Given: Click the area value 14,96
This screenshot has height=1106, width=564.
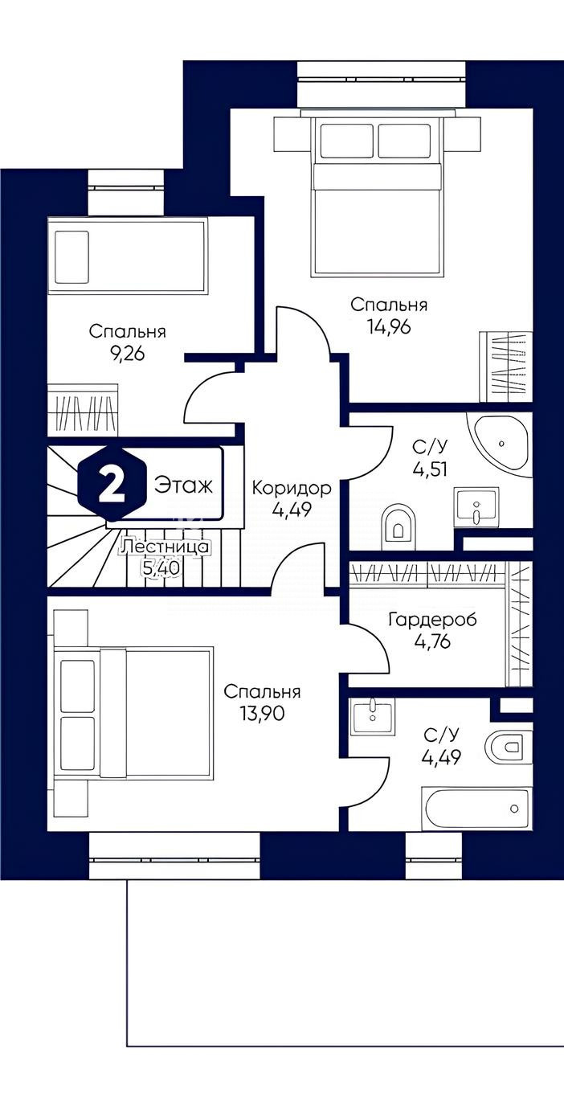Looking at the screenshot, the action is pos(389,327).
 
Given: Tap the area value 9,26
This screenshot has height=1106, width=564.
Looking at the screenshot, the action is pos(127,354).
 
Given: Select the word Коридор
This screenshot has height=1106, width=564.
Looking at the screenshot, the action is pos(292,489).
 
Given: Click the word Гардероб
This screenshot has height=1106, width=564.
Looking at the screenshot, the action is pos(433,619).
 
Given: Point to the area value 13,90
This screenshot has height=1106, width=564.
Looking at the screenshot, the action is pos(262,713).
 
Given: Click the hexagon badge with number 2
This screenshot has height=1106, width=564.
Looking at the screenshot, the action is pos(112,482).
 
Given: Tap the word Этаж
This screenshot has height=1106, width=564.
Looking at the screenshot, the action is pos(183,485).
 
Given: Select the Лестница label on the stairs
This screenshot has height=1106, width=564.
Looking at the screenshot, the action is pos(166,547).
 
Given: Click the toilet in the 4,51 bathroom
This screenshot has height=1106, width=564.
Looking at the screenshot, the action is pos(398,526).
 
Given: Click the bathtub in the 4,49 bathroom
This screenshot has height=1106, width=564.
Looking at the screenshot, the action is pos(476,809).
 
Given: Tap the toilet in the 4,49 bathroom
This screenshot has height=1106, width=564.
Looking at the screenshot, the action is pos(509,746).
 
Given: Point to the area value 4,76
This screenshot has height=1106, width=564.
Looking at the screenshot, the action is pos(433,641).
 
